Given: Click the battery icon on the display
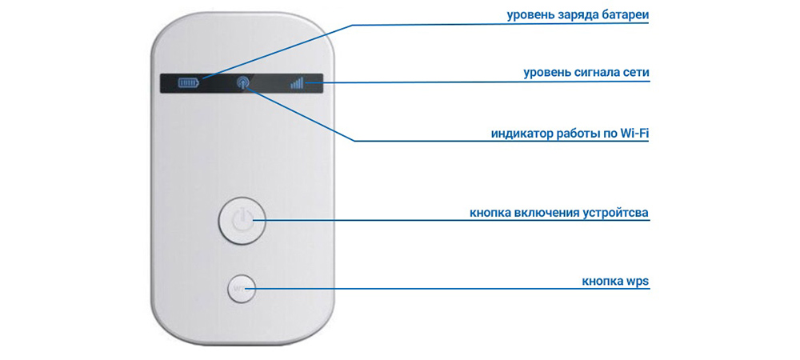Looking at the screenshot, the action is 186,82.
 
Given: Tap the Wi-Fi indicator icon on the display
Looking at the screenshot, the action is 243,82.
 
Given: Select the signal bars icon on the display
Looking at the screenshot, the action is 297,82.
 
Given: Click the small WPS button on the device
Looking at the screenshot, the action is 240,289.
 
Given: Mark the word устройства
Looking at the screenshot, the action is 614,213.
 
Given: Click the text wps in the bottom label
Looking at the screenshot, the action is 638,282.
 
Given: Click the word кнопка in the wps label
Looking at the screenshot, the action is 602,282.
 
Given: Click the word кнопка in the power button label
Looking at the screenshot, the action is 491,213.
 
